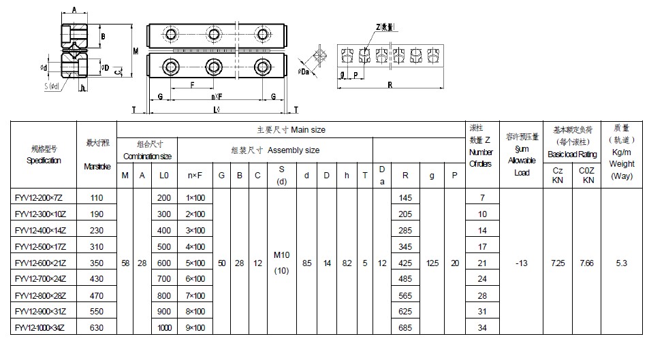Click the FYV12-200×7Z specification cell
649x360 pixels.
click(x=37, y=197)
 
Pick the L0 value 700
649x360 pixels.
click(x=164, y=279)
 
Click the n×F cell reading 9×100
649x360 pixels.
click(x=195, y=328)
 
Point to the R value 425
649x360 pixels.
click(x=406, y=263)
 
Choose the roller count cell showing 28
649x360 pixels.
click(x=482, y=295)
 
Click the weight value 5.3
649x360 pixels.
click(x=621, y=263)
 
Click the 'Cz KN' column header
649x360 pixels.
click(x=557, y=176)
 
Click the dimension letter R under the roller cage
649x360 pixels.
click(x=390, y=86)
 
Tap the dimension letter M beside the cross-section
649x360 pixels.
click(x=136, y=51)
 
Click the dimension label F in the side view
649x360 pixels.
click(x=193, y=85)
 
